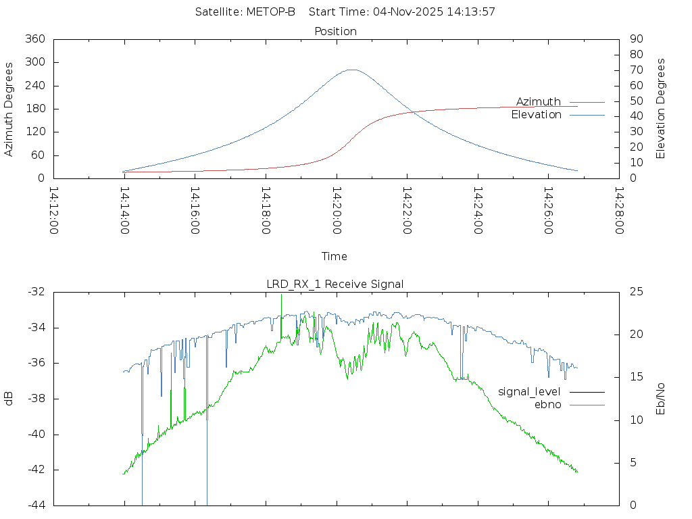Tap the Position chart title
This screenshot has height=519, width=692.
point(336,31)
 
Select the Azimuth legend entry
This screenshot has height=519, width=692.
point(539,101)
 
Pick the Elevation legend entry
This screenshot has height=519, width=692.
point(537,115)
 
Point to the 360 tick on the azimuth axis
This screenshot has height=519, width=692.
point(34,39)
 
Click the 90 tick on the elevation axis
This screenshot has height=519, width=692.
point(635,39)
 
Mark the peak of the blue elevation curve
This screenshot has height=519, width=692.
point(352,70)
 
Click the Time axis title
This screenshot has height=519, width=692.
point(335,256)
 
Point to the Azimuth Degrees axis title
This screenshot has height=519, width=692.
point(9,109)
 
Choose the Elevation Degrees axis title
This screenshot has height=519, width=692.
point(661,109)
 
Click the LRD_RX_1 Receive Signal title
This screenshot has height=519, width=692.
point(335,284)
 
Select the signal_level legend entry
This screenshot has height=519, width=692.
point(530,391)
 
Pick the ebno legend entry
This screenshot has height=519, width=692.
point(548,404)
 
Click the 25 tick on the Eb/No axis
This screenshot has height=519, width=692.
point(636,292)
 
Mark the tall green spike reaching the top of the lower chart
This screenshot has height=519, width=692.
point(281,295)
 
